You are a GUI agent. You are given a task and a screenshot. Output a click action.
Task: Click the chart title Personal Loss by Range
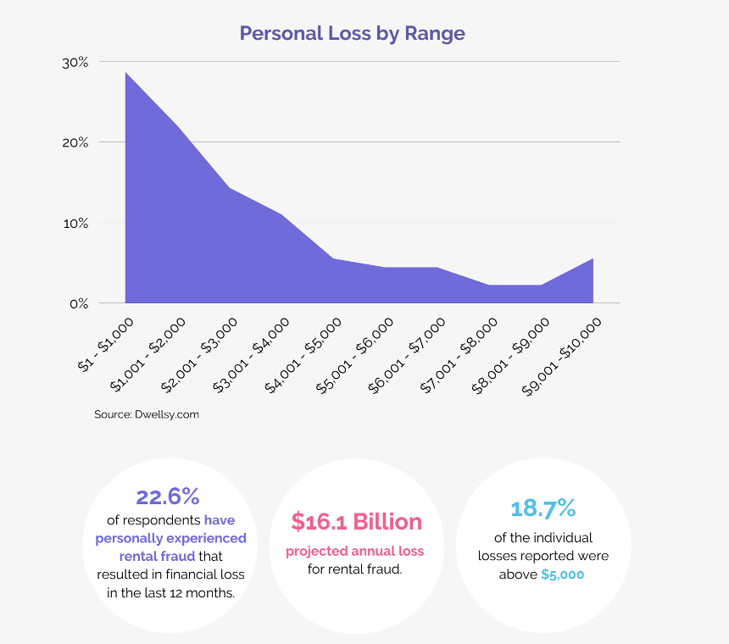point(352,33)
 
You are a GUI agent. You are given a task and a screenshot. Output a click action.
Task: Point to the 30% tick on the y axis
point(75,62)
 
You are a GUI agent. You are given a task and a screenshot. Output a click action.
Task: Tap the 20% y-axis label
point(75,142)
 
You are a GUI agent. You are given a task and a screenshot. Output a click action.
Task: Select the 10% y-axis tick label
point(75,223)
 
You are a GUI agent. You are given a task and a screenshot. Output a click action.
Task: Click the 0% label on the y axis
point(79,303)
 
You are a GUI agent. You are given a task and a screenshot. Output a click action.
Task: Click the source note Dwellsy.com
point(147,415)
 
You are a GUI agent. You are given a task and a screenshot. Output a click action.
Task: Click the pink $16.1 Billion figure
point(355,521)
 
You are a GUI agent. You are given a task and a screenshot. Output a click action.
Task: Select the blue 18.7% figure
point(543,508)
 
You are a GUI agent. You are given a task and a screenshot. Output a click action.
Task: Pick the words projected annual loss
point(355,551)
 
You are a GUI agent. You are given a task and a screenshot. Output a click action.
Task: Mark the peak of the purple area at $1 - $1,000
point(126,74)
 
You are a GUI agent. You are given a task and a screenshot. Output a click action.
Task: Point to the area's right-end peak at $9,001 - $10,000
point(593,259)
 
